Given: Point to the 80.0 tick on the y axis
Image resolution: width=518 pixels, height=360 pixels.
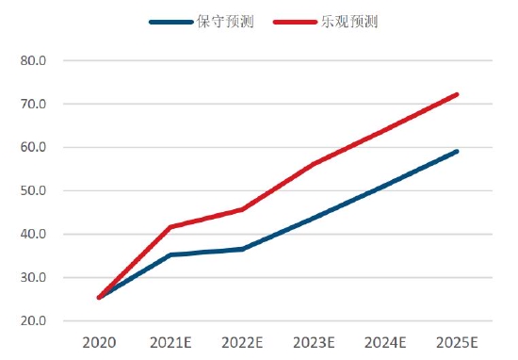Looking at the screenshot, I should pyautogui.click(x=33, y=61).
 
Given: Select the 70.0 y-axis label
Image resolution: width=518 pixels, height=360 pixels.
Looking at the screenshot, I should pyautogui.click(x=33, y=105).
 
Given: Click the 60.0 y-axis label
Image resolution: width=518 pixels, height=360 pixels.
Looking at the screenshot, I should pyautogui.click(x=33, y=148).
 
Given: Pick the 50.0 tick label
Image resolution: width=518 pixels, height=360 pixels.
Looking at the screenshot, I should pyautogui.click(x=33, y=191).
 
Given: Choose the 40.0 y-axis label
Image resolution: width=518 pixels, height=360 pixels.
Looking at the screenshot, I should pyautogui.click(x=33, y=235).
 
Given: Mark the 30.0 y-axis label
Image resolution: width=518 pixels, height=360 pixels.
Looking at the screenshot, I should pyautogui.click(x=33, y=278).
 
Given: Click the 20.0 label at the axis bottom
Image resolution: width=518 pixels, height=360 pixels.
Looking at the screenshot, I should pyautogui.click(x=33, y=321).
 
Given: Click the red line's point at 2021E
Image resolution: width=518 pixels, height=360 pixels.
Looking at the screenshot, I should pyautogui.click(x=170, y=227).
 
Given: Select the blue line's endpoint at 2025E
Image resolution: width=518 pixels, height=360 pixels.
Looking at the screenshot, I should pyautogui.click(x=457, y=151).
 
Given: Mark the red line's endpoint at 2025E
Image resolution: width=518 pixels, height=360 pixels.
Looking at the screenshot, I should pyautogui.click(x=457, y=94).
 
